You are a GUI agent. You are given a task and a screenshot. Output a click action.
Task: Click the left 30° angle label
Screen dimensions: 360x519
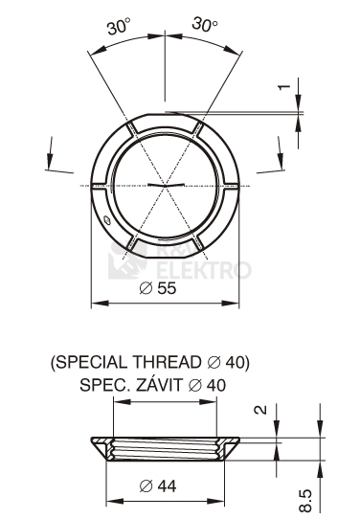119,27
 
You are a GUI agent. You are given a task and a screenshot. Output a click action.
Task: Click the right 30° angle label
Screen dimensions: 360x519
205,25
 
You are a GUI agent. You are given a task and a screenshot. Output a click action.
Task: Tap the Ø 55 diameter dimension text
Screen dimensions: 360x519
158,288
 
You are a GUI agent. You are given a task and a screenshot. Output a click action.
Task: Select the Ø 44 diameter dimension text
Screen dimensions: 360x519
158,485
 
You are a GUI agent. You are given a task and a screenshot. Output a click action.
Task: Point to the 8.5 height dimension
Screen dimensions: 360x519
305,501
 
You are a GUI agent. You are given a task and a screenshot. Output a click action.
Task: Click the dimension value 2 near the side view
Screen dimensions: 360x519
260,410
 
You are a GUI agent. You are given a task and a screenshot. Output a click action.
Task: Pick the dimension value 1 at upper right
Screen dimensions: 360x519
283,87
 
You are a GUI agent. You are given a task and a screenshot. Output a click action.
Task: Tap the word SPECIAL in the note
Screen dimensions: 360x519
92,362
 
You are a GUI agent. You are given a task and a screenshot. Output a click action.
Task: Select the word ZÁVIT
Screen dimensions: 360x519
159,385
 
